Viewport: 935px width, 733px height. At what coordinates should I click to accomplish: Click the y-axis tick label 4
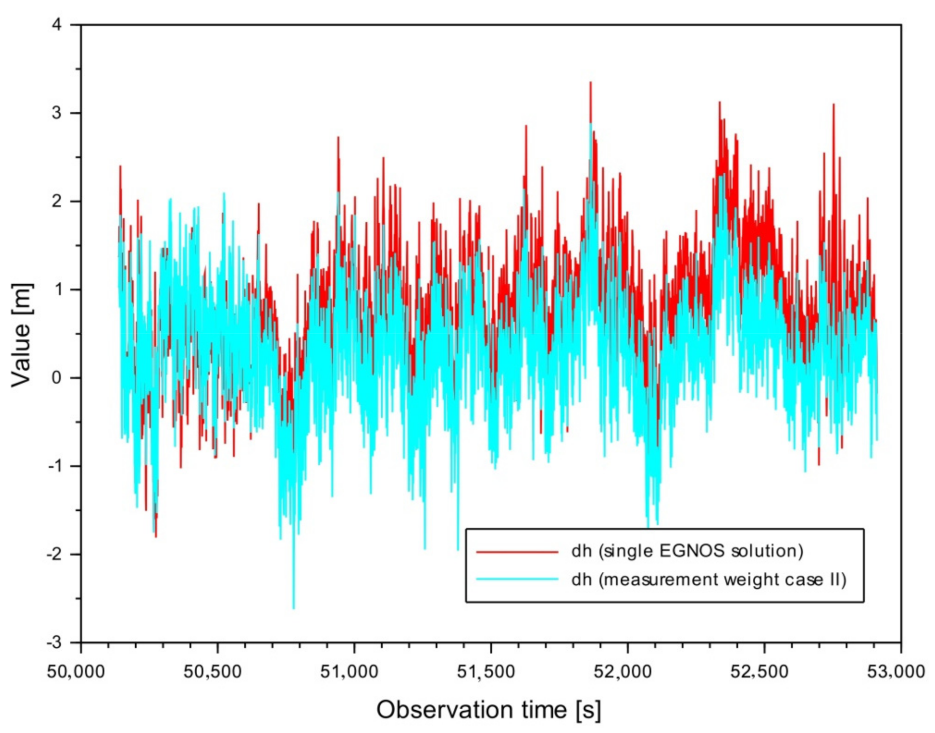pos(57,24)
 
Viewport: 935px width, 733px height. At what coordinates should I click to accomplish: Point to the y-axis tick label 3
pos(57,113)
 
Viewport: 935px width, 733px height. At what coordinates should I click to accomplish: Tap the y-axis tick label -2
pos(54,554)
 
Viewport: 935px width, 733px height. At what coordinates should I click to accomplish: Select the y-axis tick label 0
pos(57,378)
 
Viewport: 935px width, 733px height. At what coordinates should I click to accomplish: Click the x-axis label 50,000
pos(76,672)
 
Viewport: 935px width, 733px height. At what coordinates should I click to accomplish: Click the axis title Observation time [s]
pos(489,710)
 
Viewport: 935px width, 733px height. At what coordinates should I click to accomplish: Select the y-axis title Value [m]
pos(22,335)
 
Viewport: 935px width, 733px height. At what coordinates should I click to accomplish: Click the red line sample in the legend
pos(517,551)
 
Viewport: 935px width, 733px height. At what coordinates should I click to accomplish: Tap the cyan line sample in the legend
pos(517,579)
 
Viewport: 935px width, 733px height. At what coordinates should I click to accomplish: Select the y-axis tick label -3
pos(54,642)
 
